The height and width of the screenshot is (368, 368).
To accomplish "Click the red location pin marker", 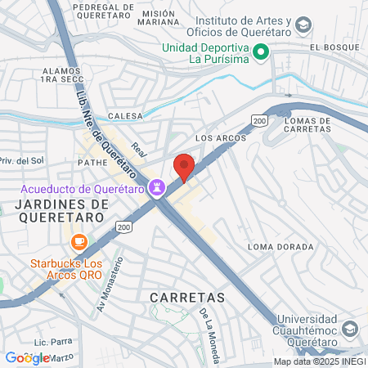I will pyautogui.click(x=184, y=167).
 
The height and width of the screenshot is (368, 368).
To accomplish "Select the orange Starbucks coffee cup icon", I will pyautogui.click(x=79, y=241).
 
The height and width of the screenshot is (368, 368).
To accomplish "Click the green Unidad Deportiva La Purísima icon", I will pyautogui.click(x=262, y=53).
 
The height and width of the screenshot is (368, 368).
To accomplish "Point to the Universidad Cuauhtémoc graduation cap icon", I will pyautogui.click(x=350, y=328).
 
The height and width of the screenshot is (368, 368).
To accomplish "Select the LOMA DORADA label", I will pyautogui.click(x=280, y=246).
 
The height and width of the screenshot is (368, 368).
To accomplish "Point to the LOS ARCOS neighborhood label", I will pyautogui.click(x=222, y=138).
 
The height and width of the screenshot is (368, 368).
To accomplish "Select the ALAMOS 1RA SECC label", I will pyautogui.click(x=62, y=76).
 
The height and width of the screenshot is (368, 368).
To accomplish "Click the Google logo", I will pyautogui.click(x=26, y=357).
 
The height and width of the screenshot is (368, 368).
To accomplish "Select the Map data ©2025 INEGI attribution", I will pyautogui.click(x=319, y=361).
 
